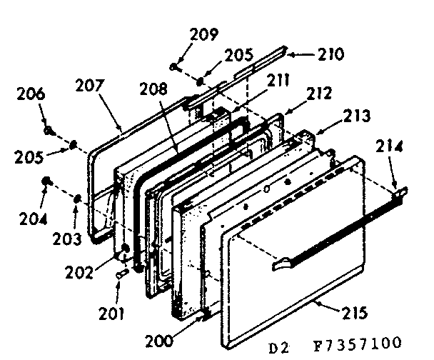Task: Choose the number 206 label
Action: click(x=32, y=94)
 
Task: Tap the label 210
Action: click(x=330, y=54)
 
